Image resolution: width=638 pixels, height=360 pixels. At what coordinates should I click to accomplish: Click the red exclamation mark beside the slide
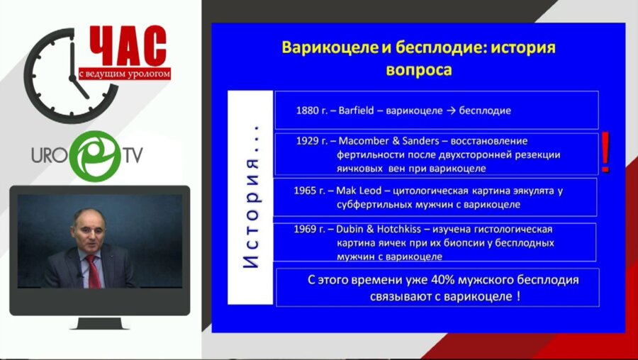pos(605,152)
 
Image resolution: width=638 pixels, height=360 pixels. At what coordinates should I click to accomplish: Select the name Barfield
pos(361,111)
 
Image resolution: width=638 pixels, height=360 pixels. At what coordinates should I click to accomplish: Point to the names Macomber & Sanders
pos(381,141)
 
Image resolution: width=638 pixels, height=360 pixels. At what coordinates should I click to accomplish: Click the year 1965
pos(309,191)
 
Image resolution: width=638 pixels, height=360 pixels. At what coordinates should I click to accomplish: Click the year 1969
pos(309,229)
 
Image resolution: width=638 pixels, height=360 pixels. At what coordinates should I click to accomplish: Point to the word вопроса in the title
pos(418,70)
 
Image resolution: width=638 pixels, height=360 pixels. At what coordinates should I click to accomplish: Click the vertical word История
pos(251,197)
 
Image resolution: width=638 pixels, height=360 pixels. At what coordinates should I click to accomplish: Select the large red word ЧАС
pos(128,47)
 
